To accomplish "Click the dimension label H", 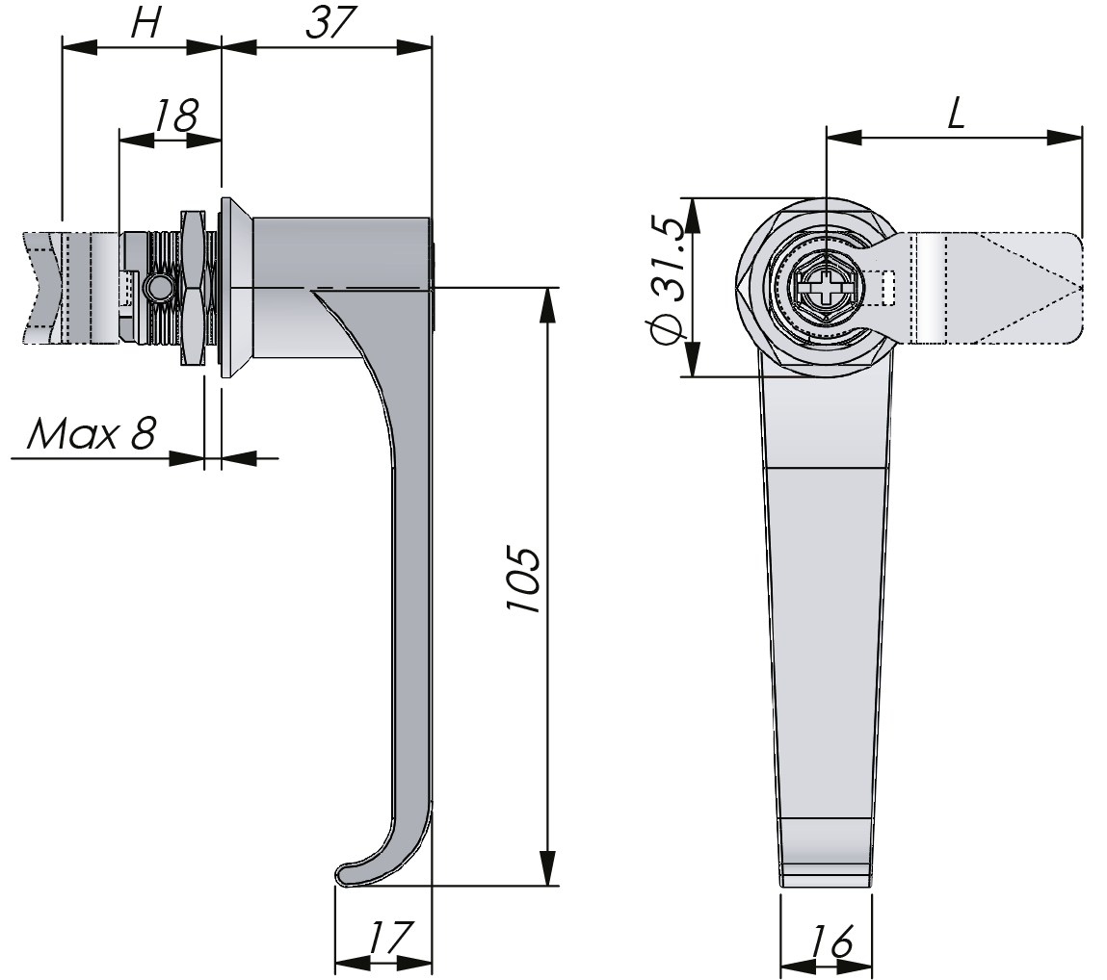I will tap(145, 25).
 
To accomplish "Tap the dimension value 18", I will tap(177, 116).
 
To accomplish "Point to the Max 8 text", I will tap(92, 435).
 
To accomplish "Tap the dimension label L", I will tap(954, 116).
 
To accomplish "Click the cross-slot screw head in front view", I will tap(825, 287).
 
